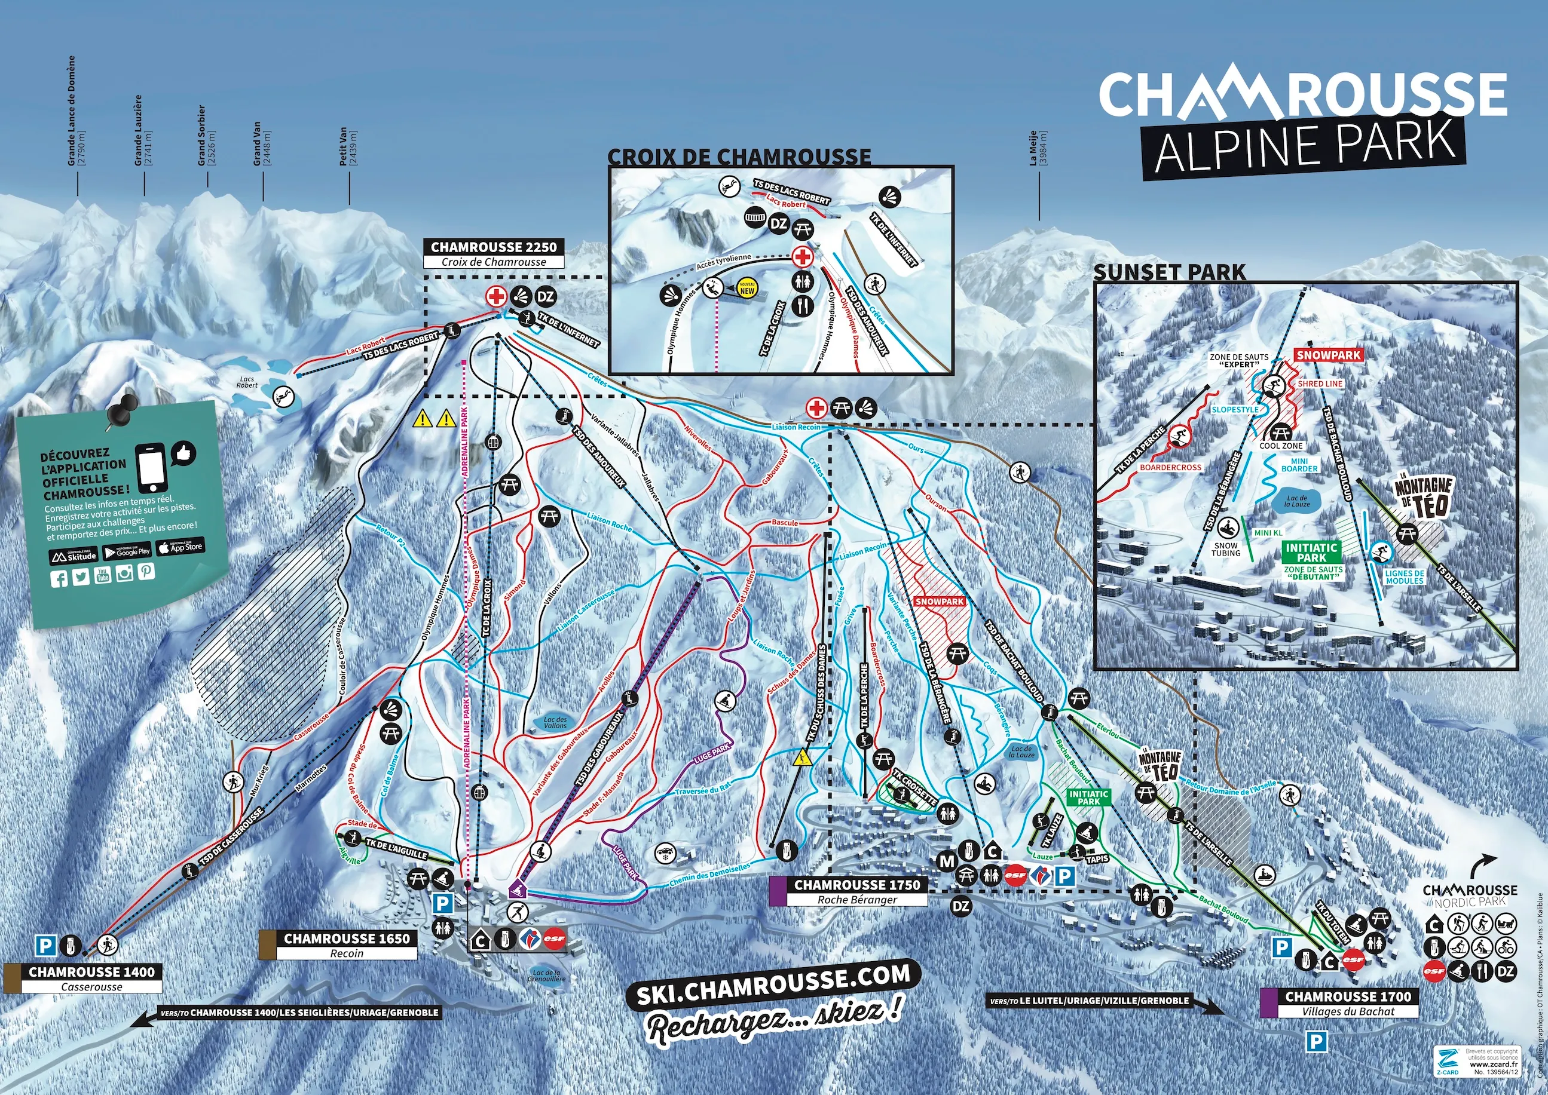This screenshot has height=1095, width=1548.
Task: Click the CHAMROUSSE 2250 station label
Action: (494, 247)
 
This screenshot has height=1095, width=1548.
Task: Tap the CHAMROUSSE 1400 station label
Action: (91, 971)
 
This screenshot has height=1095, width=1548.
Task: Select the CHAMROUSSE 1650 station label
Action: (346, 938)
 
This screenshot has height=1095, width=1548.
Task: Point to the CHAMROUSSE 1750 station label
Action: (856, 884)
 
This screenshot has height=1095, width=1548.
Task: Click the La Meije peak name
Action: (1033, 148)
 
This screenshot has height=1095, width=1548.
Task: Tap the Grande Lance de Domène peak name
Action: (72, 111)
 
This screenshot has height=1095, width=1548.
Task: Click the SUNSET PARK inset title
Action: (1170, 272)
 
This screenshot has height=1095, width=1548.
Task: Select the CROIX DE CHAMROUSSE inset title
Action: (739, 157)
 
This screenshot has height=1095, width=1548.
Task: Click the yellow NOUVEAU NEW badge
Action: (747, 288)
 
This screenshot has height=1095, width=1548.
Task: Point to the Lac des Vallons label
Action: (556, 722)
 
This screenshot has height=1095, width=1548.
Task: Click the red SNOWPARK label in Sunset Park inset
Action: (1329, 355)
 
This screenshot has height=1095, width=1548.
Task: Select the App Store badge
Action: (180, 547)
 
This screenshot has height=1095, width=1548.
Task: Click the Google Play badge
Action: (127, 551)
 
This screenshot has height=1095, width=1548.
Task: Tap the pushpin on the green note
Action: (121, 410)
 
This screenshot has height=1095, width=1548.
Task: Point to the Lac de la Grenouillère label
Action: (546, 976)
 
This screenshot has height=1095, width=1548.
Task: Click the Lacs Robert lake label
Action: (247, 382)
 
